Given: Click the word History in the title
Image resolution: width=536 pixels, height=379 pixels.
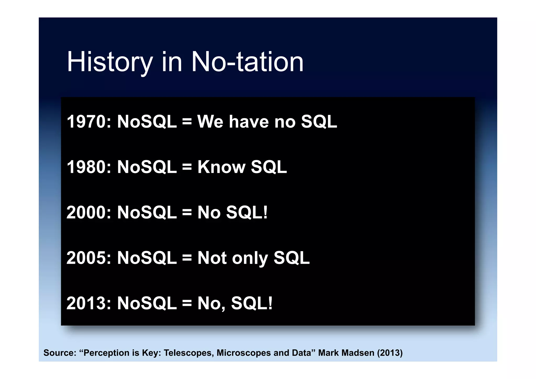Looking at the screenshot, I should pos(110,62).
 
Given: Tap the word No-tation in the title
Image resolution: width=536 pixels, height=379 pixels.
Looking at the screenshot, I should pos(247,62).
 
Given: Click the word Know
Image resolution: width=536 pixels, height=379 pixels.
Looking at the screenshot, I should pos(221,167).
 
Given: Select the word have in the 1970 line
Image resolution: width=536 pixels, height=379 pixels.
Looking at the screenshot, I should pos(249,122).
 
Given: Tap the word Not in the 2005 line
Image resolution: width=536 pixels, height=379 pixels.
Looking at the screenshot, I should pos(212,258).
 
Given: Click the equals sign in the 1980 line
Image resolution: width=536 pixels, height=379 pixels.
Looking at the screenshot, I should pos(187,167).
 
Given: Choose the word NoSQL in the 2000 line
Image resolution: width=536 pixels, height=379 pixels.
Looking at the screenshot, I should pos(147,212).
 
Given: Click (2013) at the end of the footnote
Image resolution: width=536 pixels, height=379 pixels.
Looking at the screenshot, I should pos(390,353).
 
